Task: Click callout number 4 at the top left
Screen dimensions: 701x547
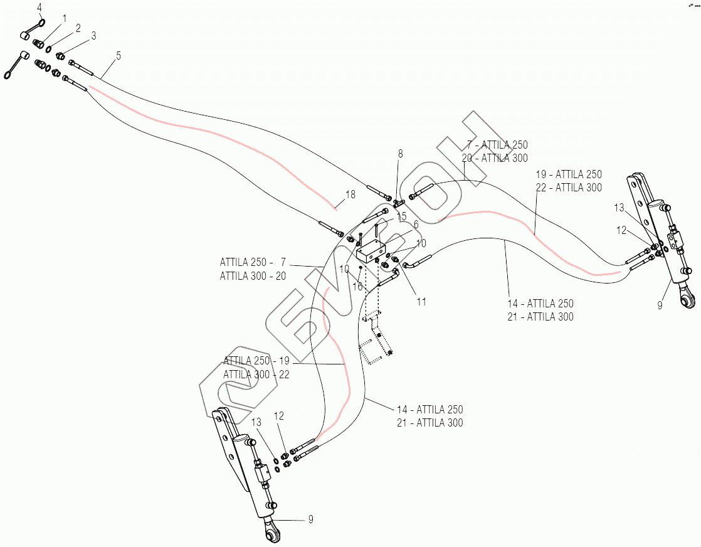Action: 39,8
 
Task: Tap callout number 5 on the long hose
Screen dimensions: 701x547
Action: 118,56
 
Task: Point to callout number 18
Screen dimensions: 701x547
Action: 350,194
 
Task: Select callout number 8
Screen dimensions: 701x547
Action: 400,154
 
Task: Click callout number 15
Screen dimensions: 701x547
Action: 401,216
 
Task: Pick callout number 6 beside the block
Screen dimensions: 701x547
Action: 415,223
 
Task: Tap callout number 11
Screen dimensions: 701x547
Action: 421,302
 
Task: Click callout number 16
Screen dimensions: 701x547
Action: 357,286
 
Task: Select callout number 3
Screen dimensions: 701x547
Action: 93,36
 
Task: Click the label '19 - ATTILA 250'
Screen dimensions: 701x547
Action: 569,174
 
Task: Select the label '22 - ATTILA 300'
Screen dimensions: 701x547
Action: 569,188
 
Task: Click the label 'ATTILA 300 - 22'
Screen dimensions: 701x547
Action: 256,374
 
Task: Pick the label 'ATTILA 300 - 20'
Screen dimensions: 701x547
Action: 253,276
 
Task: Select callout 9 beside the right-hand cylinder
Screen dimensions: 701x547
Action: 660,305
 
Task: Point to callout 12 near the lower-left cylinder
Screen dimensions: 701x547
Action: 279,416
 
